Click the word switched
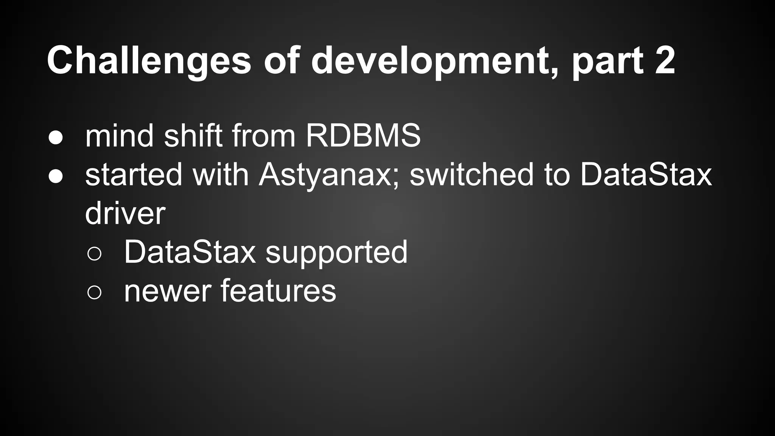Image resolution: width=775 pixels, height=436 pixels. point(472,175)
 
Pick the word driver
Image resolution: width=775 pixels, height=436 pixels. point(125,213)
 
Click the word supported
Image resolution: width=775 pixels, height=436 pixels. point(336,253)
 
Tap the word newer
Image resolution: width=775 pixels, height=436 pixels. point(168,291)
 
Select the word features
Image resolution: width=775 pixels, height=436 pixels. point(278,291)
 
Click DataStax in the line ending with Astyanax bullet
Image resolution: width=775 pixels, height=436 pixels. point(646,175)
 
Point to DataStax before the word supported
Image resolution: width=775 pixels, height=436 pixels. point(190,252)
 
